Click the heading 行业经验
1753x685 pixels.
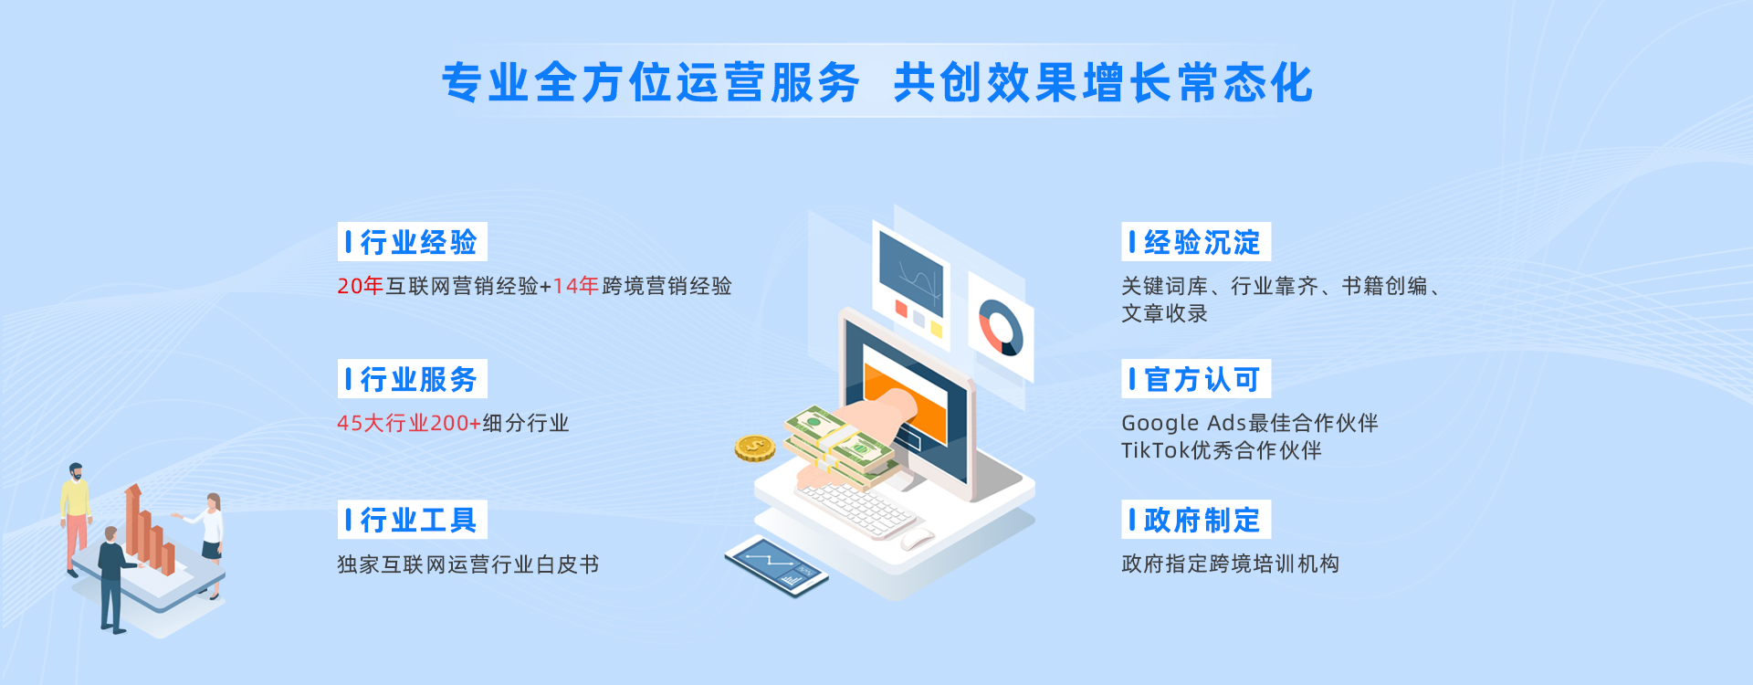coord(418,242)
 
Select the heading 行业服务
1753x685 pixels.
coord(418,379)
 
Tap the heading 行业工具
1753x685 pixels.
coord(418,520)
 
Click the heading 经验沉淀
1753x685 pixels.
coord(1202,242)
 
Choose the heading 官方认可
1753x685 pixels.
coord(1202,379)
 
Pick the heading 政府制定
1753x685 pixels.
coord(1202,520)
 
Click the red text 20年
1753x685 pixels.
coord(360,286)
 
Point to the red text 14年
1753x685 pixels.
coord(575,286)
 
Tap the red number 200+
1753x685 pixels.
coord(456,423)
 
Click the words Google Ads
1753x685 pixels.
coord(1183,423)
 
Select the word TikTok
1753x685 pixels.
coord(1156,450)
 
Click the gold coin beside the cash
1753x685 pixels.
coord(755,448)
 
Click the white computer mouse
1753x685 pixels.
coord(918,538)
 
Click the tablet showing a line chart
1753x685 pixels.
coord(776,564)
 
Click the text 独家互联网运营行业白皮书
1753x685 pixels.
coord(468,564)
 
